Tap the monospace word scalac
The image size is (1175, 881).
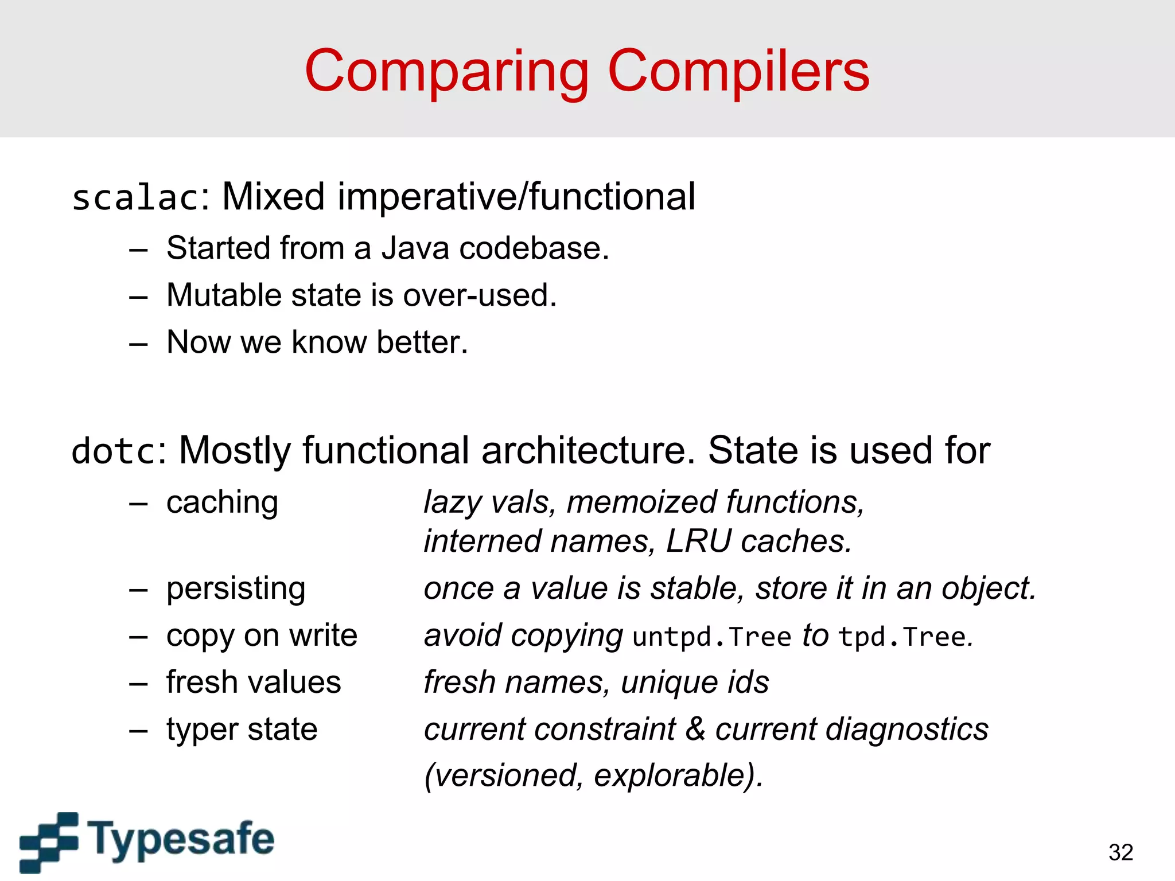[x=135, y=198]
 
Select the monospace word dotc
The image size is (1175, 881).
[x=114, y=451]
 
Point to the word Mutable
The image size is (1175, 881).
[x=224, y=295]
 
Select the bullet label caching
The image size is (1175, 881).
[x=222, y=503]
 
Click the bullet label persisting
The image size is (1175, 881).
[x=236, y=589]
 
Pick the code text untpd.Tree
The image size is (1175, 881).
[x=711, y=637]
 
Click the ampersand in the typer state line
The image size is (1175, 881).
[x=695, y=730]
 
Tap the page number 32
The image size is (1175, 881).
[x=1120, y=852]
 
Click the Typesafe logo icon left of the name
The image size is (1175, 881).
[x=48, y=841]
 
